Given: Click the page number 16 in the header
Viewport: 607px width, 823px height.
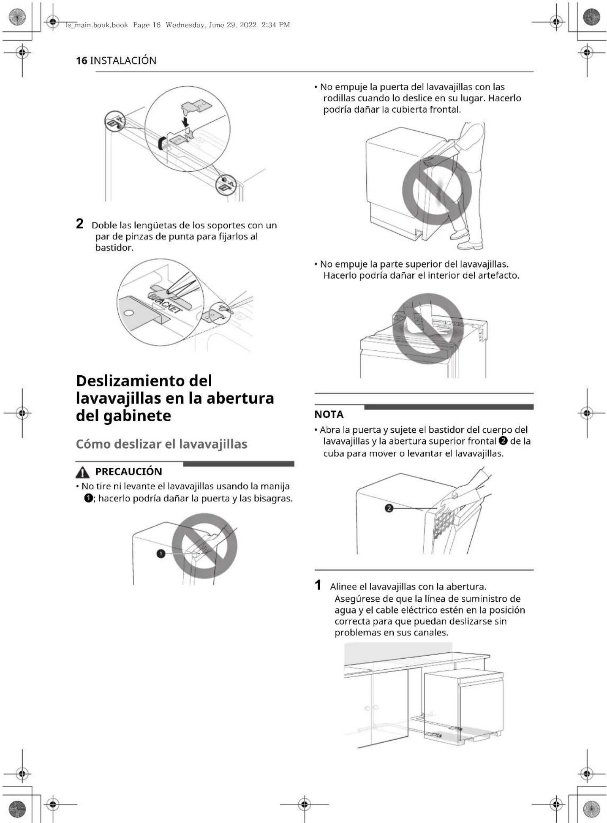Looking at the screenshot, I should (x=81, y=61).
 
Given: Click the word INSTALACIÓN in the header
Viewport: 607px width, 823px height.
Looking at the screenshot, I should (x=123, y=61).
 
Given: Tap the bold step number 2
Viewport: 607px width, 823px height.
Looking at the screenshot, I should (x=80, y=224).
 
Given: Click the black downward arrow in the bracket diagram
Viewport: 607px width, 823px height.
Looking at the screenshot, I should (x=185, y=120).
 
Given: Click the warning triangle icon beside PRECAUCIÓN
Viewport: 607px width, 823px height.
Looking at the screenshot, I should (x=82, y=472).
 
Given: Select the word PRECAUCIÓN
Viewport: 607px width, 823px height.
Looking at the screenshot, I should (x=128, y=471).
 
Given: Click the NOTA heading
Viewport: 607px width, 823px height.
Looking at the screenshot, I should (x=328, y=414).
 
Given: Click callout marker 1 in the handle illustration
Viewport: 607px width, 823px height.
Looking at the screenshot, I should (x=161, y=553).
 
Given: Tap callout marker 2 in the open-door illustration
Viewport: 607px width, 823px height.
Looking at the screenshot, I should (x=389, y=508).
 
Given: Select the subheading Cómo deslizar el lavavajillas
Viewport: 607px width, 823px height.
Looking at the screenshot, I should (x=161, y=444).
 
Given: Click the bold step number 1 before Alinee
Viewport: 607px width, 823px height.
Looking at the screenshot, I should (x=318, y=585).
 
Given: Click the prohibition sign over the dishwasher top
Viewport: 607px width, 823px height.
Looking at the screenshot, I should (x=427, y=329).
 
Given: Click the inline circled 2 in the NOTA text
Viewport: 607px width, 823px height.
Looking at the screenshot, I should (x=504, y=441).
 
